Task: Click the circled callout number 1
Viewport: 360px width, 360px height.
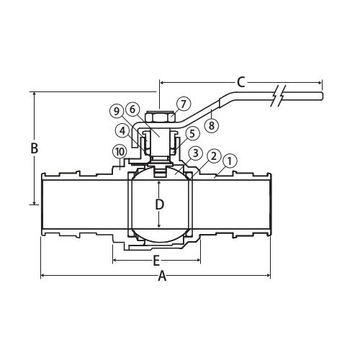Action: [x=230, y=161]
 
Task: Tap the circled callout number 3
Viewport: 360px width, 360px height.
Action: [x=196, y=153]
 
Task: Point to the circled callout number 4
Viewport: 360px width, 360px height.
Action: [x=122, y=131]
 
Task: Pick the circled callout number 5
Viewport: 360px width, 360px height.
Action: [x=192, y=134]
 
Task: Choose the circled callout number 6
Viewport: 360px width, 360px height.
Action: [x=132, y=109]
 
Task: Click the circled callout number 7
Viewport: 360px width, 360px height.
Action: [x=184, y=104]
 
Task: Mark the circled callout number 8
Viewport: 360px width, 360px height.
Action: [x=212, y=125]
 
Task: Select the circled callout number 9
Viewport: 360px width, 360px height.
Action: [x=117, y=112]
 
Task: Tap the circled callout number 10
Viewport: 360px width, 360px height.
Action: [x=120, y=152]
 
